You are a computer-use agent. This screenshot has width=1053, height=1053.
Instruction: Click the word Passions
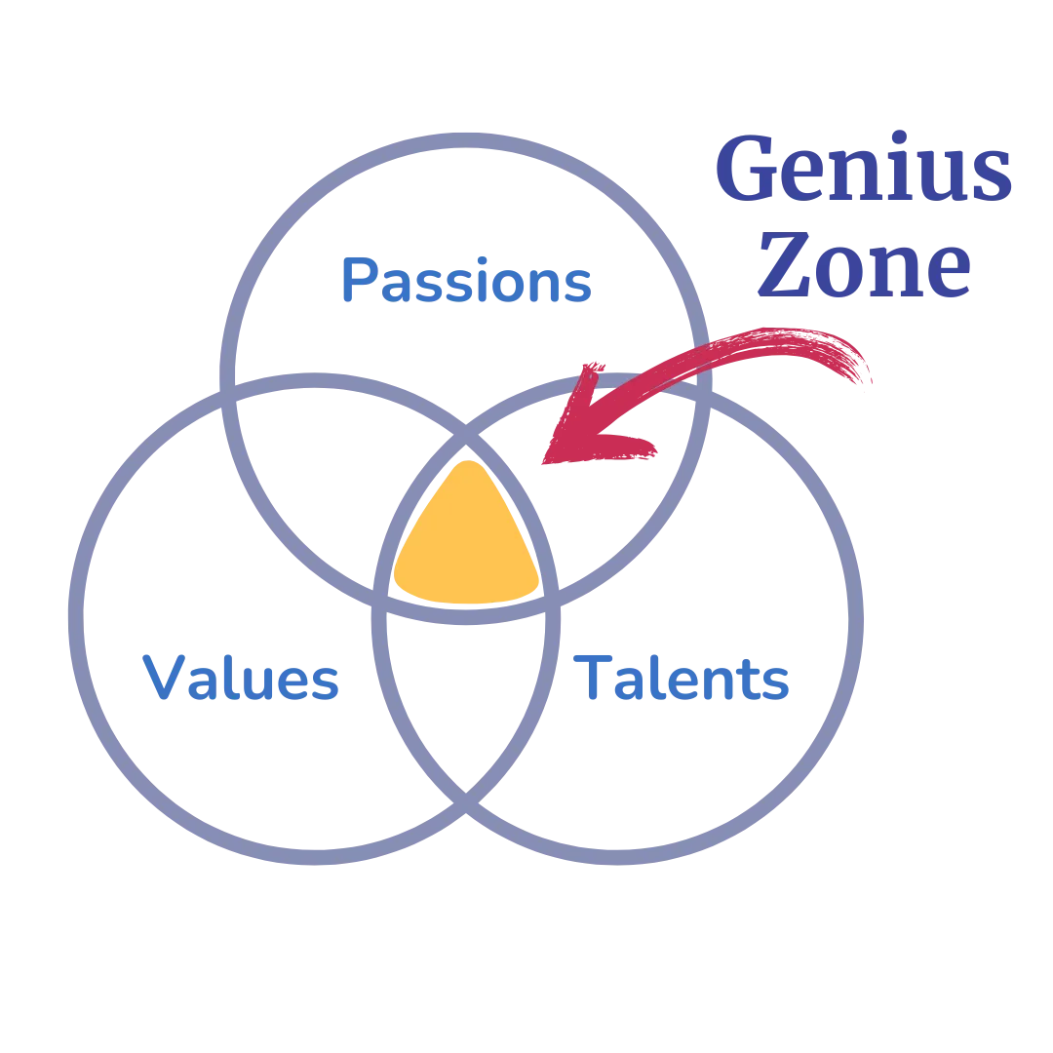467,281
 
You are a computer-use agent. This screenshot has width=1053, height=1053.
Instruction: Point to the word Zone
867,261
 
